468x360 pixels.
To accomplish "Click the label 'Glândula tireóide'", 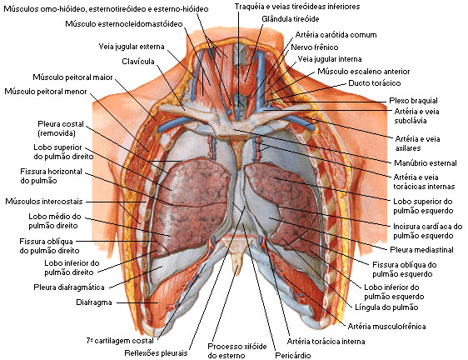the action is (290, 19).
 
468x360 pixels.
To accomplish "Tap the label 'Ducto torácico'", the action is (374, 83).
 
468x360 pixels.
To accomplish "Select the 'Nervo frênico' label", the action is (314, 47).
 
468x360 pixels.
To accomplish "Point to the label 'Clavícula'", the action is (138, 62).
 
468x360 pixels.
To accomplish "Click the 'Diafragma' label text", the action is (94, 302).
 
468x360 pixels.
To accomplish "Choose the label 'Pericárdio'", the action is (293, 356).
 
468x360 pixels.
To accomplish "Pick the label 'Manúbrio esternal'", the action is (426, 163).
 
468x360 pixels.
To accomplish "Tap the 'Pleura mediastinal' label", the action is (421, 250).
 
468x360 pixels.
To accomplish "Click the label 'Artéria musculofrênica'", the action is (386, 326).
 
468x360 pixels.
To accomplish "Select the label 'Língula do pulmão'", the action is (386, 307).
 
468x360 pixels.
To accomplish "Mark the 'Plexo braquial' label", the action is (413, 101).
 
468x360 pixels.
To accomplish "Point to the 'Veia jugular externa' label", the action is (132, 47).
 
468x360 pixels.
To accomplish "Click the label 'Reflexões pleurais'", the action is (156, 353).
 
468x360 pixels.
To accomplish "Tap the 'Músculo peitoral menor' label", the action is (46, 92).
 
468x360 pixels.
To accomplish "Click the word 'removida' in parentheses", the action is (57, 133).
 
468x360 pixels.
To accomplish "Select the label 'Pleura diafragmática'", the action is (69, 287).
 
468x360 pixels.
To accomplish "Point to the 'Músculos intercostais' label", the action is (44, 202).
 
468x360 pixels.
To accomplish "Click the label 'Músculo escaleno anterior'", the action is (364, 72).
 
